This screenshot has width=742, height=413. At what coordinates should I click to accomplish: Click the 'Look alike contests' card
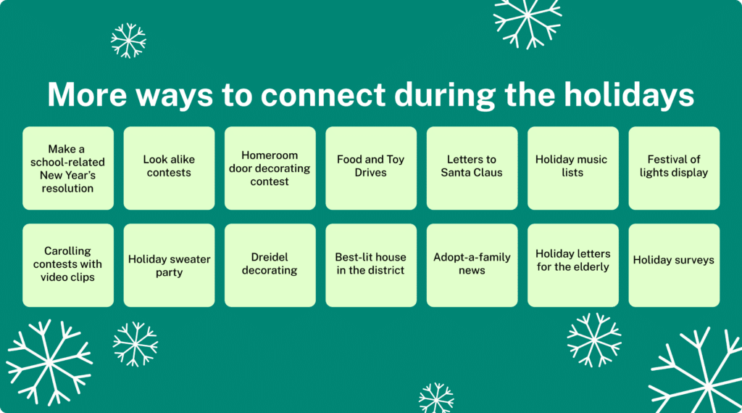(169, 168)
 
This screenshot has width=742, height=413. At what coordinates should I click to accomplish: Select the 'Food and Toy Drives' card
(371, 168)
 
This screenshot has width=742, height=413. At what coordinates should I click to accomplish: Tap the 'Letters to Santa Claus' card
(472, 168)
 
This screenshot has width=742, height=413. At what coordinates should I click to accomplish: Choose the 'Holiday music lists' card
(572, 168)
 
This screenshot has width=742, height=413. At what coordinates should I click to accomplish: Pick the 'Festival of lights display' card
(673, 168)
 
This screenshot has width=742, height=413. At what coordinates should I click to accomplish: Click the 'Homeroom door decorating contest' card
(270, 168)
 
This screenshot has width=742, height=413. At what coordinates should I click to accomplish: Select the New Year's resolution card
(67, 168)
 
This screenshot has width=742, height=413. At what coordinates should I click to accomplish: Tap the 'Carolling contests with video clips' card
(67, 265)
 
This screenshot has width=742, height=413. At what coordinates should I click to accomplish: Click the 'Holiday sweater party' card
(169, 265)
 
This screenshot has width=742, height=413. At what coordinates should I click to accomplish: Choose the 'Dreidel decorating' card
(270, 265)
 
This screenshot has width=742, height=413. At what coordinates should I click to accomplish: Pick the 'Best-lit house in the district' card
(371, 265)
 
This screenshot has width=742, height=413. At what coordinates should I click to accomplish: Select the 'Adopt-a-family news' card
(472, 265)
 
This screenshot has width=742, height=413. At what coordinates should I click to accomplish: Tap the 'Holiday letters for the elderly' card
(572, 265)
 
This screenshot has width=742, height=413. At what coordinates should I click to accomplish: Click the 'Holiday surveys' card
(673, 265)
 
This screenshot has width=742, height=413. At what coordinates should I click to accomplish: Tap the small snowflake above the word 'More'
(128, 41)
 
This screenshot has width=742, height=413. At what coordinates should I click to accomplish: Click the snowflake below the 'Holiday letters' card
(593, 340)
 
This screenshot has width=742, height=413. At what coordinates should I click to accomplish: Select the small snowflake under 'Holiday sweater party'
(135, 344)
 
